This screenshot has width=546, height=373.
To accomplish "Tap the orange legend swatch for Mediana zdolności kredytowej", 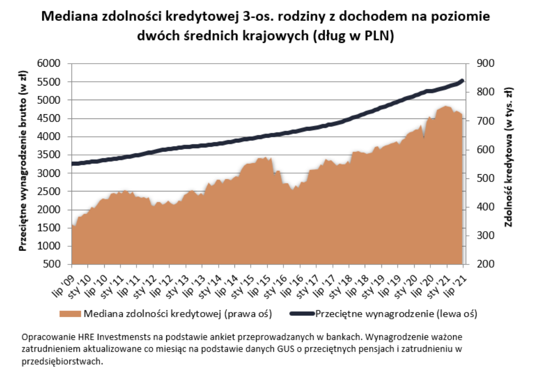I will [x=70, y=314].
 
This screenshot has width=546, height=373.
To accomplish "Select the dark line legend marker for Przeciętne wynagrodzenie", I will [x=293, y=314].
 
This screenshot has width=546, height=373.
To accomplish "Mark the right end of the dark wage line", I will [x=462, y=80].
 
